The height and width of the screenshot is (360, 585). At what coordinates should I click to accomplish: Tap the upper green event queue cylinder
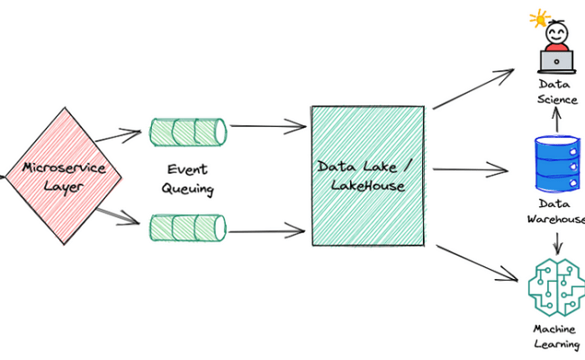click(187, 132)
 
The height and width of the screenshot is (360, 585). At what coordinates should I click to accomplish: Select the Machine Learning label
click(556, 337)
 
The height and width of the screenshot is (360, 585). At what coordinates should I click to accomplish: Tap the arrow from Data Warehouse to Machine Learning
click(559, 241)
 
